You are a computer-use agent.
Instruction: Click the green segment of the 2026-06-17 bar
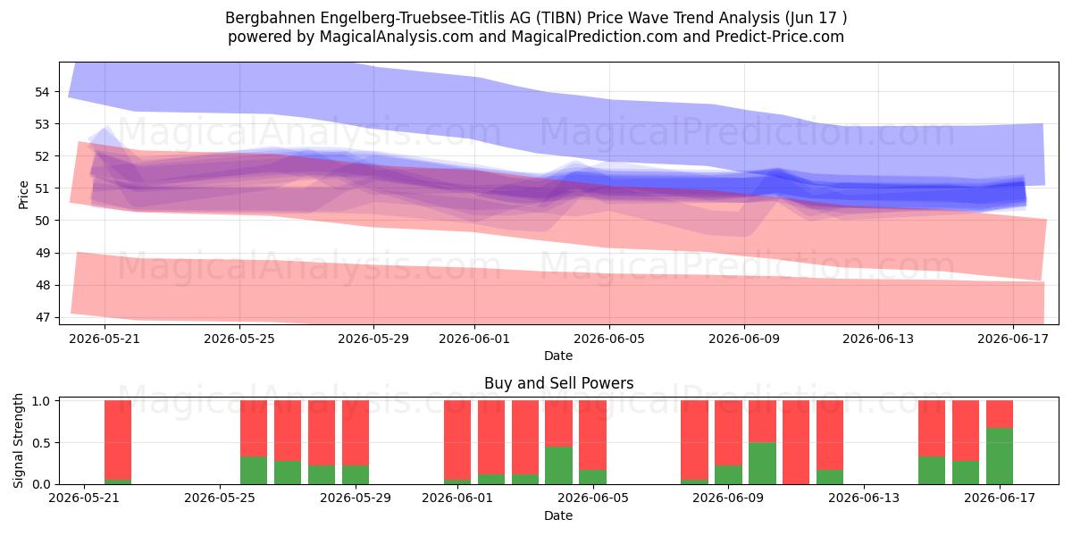[x=1000, y=456]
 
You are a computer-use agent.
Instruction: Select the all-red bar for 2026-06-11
[x=796, y=442]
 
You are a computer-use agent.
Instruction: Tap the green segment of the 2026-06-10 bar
[x=762, y=464]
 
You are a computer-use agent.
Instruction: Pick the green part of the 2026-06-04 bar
[x=558, y=465]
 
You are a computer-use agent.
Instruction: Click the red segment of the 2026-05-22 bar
[x=118, y=440]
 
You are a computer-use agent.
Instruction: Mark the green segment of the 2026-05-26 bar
[x=254, y=471]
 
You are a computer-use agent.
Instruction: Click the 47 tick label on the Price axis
[x=42, y=318]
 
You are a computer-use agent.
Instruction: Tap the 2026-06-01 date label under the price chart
[x=474, y=339]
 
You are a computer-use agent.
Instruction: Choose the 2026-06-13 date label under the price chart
[x=878, y=339]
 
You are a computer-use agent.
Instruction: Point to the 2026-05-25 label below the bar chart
[x=220, y=498]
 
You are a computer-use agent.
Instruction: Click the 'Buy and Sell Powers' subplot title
[x=559, y=383]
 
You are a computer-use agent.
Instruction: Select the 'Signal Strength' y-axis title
[x=18, y=440]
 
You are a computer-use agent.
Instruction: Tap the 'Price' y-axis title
[x=23, y=196]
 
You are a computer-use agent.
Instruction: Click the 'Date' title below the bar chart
[x=558, y=515]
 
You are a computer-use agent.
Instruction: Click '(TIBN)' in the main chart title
[x=558, y=18]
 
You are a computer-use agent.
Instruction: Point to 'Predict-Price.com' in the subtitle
[x=780, y=37]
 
